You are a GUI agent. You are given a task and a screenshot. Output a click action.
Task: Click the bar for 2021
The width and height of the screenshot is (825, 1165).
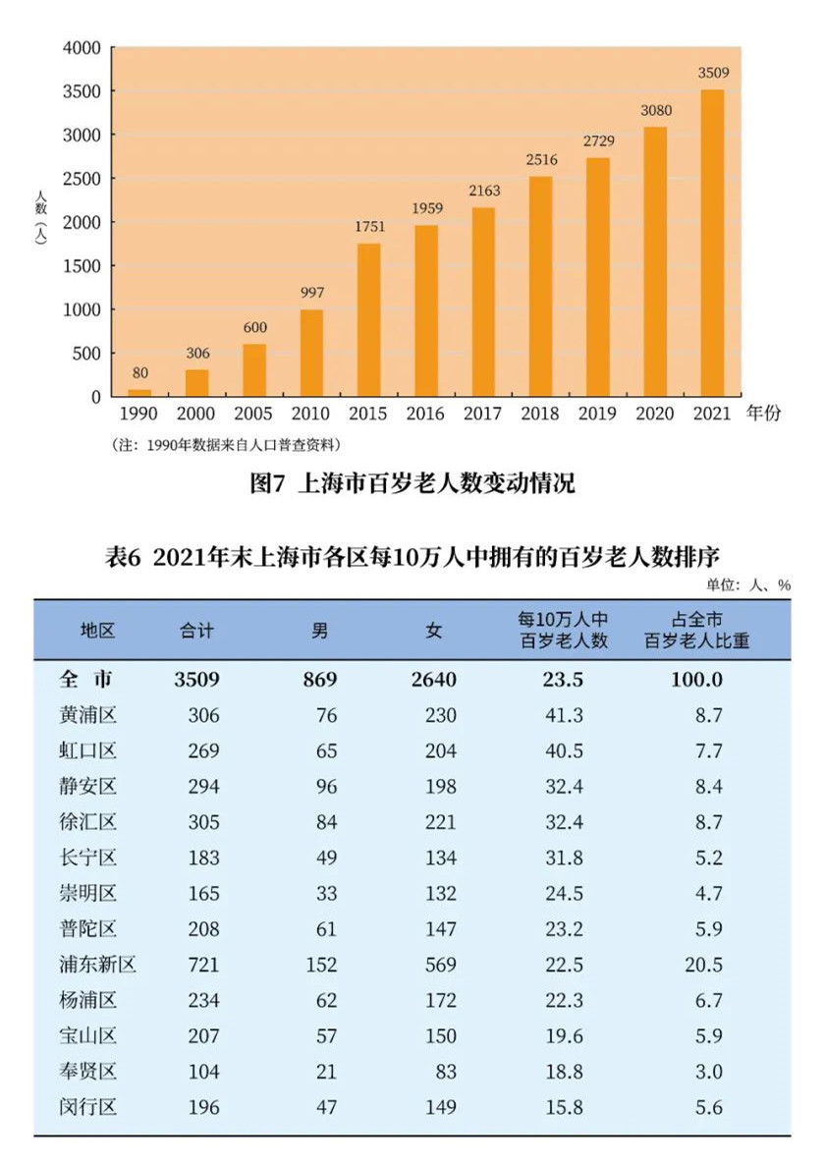712,243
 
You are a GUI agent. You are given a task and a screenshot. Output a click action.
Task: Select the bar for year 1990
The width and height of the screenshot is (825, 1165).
140,393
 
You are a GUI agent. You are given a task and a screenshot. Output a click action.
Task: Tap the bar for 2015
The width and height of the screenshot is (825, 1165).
368,319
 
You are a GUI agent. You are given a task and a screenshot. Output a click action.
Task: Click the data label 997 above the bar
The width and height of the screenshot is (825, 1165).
311,293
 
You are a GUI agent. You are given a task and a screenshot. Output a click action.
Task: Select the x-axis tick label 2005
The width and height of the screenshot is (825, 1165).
254,414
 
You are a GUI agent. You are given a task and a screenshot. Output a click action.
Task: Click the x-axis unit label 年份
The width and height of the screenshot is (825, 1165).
762,414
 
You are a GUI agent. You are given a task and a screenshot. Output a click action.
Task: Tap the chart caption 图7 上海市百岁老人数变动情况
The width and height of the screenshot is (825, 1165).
412,483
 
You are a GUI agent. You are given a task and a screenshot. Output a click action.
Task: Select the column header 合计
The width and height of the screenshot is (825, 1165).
196,631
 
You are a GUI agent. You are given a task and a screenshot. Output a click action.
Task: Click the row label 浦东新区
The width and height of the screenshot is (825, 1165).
96,965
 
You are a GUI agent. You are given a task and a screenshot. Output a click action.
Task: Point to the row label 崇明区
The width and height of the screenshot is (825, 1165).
87,893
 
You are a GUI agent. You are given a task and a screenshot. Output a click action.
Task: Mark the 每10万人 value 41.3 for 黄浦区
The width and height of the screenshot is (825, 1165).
564,715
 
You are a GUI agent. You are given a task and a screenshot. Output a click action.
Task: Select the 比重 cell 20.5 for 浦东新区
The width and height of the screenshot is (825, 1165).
705,965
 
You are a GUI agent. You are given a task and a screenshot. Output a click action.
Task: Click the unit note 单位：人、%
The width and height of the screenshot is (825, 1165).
747,583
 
